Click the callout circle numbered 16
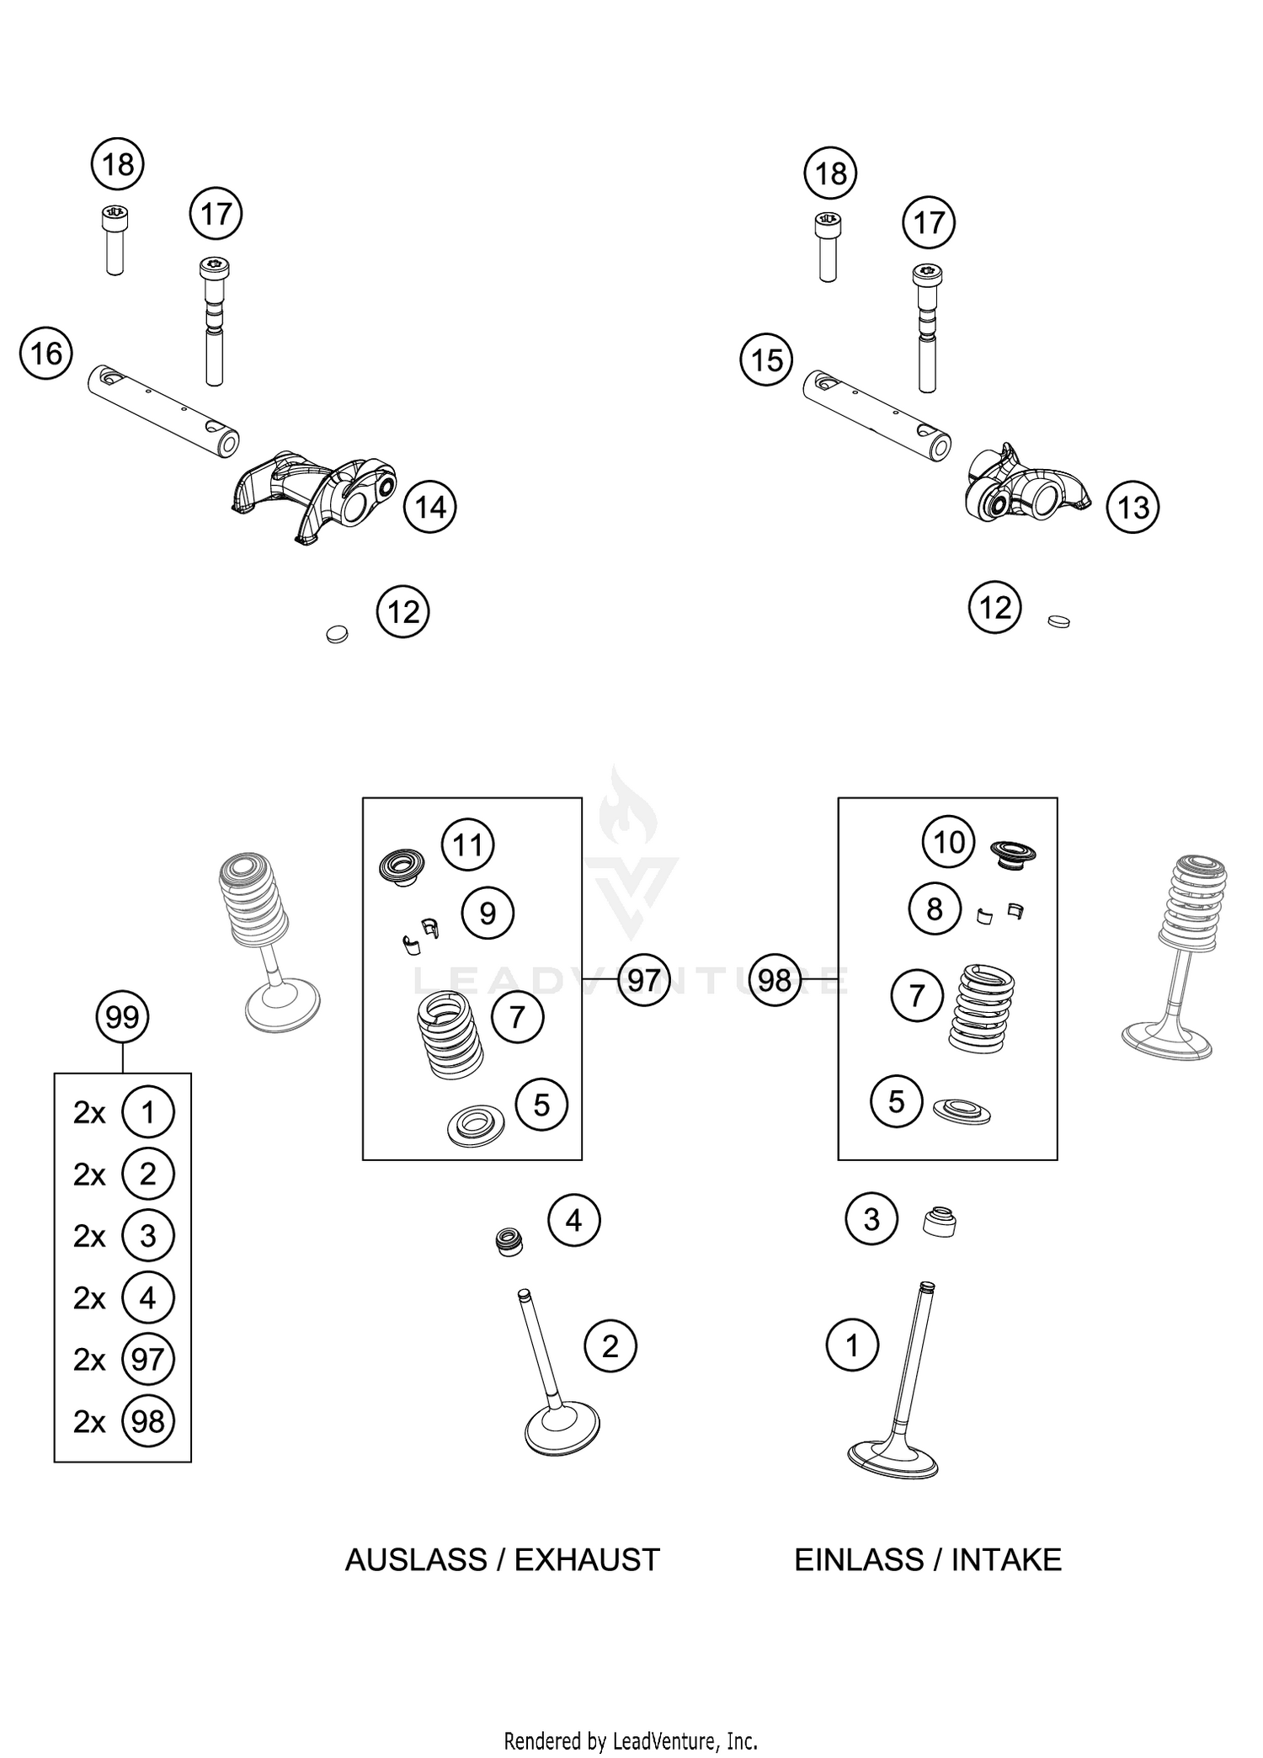pos(46,353)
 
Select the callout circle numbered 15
pos(766,360)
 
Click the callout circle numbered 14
pos(430,507)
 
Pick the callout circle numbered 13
pos(1132,507)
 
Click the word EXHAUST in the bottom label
pos(587,1560)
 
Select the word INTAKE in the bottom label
pos(1006,1560)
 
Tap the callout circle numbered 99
pos(123,1017)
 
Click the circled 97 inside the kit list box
pos(148,1359)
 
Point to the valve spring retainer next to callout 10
pos(1012,852)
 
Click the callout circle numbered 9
pos(488,913)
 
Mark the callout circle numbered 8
pos(934,909)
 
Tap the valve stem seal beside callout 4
pos(509,1242)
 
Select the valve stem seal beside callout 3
pos(940,1223)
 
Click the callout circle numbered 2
pos(610,1346)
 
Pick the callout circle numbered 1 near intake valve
pos(852,1345)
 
